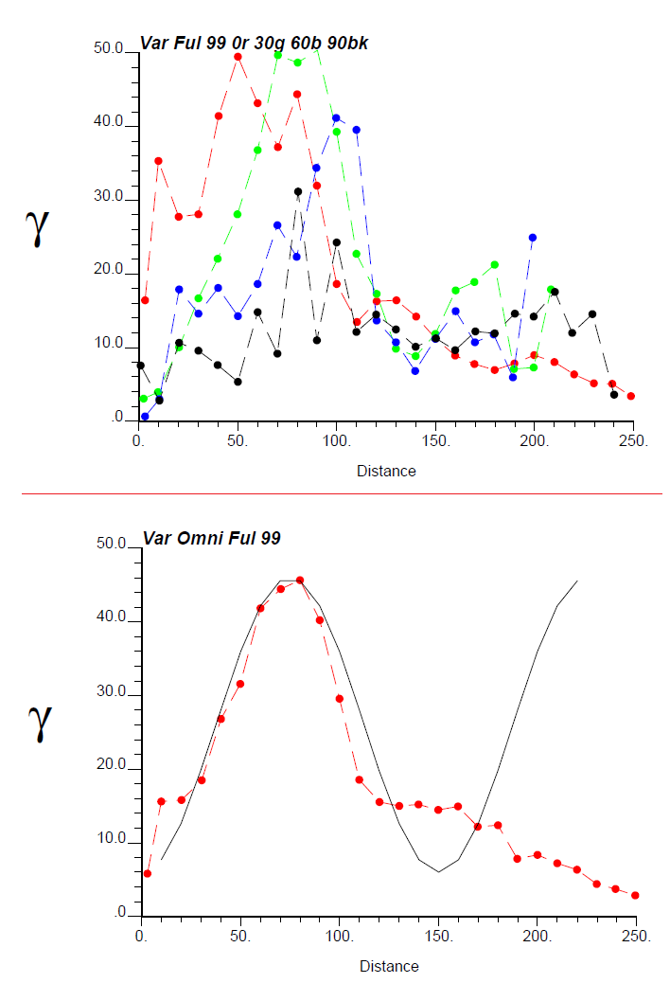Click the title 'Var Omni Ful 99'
(x=211, y=538)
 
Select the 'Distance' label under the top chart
(x=386, y=470)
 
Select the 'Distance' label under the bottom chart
(x=389, y=966)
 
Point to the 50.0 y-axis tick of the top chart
(x=111, y=49)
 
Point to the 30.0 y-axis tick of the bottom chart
(x=114, y=692)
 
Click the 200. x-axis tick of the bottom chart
(x=538, y=936)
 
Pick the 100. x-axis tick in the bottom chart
(x=340, y=936)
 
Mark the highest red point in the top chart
(x=238, y=57)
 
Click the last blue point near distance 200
(x=533, y=238)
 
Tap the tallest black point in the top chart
(x=298, y=191)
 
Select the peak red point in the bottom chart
(x=300, y=581)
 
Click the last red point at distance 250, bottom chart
(x=635, y=895)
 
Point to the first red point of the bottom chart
(x=147, y=873)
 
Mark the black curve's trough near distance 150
(x=438, y=871)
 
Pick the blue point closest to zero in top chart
(x=145, y=417)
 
